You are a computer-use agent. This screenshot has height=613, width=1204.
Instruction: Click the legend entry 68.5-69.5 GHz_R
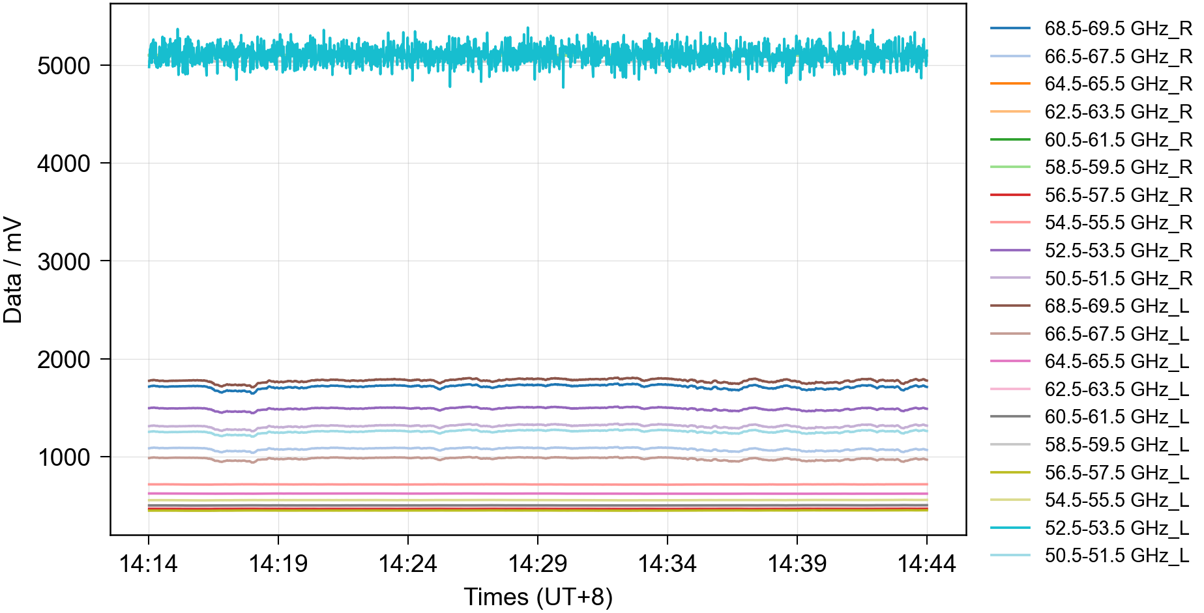[1117, 29]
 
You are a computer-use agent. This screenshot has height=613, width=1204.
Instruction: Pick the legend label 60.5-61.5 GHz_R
[1117, 139]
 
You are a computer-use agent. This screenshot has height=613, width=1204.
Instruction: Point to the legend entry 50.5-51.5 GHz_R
[1117, 278]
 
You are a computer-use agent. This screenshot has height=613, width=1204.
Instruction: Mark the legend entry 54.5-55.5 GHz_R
[1117, 223]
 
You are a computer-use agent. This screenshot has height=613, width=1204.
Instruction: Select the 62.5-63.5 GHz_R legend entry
[1117, 112]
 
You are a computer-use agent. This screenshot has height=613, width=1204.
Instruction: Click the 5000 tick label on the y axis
[64, 66]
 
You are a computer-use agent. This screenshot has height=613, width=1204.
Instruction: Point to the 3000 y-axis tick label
[64, 262]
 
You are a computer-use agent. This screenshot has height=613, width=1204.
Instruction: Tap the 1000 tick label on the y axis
[64, 457]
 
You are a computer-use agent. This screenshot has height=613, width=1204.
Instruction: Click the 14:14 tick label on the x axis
[149, 563]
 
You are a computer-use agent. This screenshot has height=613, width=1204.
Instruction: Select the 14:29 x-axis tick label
[538, 563]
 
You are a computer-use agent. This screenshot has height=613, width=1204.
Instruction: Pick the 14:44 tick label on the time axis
[926, 563]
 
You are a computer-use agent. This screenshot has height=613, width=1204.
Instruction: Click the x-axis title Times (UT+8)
[538, 597]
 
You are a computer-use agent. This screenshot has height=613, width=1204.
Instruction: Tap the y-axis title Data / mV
[13, 270]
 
